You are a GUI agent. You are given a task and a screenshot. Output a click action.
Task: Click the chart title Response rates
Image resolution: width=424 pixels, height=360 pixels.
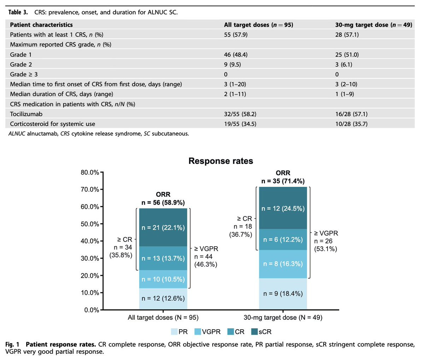coord(220,161)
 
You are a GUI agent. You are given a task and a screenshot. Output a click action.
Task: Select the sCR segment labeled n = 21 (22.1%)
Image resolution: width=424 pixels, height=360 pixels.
coord(163,227)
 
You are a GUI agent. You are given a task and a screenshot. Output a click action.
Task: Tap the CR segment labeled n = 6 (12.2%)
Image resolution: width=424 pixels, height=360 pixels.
coord(283,240)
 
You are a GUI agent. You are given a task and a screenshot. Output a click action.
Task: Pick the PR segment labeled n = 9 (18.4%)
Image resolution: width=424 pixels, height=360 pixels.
coord(283,294)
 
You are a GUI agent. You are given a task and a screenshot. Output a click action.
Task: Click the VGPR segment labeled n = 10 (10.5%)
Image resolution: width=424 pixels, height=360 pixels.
coord(163,279)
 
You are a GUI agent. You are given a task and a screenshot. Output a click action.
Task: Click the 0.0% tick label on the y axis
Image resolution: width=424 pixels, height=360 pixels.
coord(92,310)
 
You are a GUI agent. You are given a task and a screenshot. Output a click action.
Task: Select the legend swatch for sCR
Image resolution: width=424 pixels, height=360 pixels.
coord(254,332)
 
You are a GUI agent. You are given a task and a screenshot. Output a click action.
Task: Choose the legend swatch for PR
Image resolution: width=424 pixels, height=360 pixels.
coord(174,332)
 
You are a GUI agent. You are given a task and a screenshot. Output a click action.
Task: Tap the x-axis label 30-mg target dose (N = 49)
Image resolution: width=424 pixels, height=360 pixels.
coord(283,318)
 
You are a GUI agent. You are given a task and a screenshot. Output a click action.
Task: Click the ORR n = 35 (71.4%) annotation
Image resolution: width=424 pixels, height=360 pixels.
coord(283,177)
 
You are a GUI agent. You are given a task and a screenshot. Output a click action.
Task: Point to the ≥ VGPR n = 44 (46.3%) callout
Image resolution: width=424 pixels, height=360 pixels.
coord(206,256)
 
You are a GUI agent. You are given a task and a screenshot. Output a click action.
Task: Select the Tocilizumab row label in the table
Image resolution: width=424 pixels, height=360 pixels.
coord(26,114)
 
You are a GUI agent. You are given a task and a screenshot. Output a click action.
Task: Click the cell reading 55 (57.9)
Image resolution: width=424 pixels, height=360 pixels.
coord(236,35)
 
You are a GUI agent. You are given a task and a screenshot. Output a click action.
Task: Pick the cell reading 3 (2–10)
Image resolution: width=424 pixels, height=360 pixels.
coord(346,84)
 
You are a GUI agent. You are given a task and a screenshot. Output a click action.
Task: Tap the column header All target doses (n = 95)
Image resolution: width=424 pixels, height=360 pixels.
coord(258,25)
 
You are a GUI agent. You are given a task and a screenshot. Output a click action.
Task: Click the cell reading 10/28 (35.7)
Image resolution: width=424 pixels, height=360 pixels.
coord(351,124)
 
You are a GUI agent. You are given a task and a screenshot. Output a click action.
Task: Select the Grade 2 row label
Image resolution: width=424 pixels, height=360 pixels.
coord(21,65)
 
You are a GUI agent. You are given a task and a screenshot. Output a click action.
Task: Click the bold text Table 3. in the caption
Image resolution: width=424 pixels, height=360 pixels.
coord(18,12)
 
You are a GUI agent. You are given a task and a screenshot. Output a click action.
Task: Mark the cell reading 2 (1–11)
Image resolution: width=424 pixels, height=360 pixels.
coord(235,94)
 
